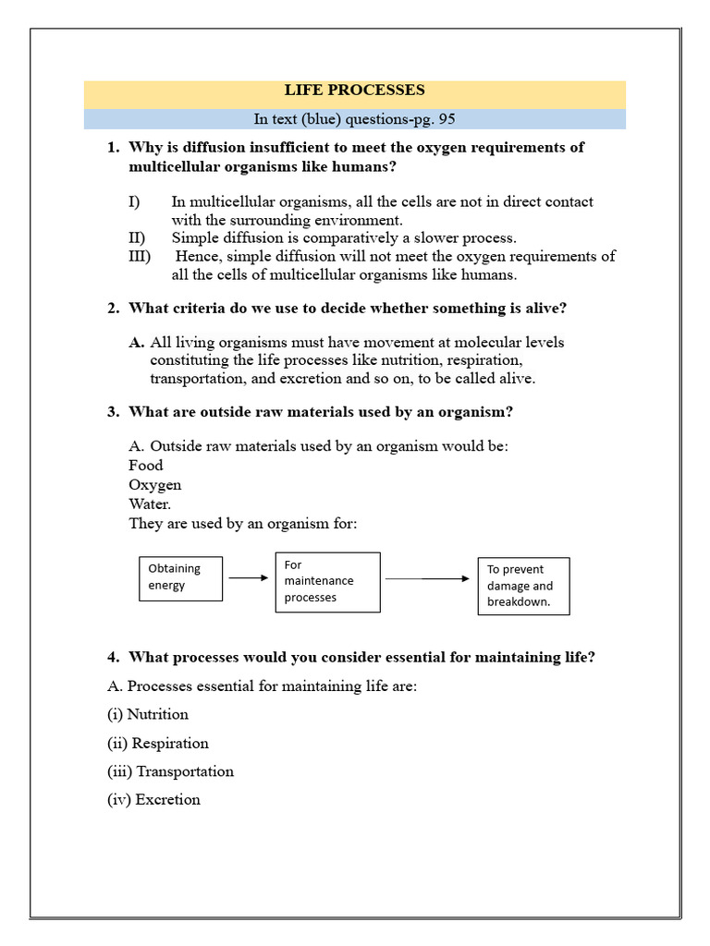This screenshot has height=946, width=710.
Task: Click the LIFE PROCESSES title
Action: (354, 91)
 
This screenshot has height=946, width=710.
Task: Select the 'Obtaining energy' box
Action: (180, 577)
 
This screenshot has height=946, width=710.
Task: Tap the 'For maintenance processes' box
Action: (327, 582)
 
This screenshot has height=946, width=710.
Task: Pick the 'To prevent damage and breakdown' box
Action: (523, 586)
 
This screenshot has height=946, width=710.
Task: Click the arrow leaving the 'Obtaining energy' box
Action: (248, 578)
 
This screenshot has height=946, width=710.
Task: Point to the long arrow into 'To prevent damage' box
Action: (427, 579)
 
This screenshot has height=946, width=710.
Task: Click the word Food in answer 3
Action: (145, 466)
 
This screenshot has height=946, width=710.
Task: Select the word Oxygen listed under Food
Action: (154, 485)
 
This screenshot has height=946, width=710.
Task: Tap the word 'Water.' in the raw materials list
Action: (150, 504)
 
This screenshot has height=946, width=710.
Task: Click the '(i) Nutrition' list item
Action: (148, 714)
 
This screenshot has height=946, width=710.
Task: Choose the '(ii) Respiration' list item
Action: (158, 743)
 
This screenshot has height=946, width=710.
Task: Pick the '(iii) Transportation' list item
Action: (170, 771)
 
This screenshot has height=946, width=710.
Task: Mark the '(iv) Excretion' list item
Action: (153, 800)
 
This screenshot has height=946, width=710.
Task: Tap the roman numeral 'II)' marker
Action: (137, 237)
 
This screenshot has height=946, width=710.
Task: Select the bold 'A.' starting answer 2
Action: (136, 343)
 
